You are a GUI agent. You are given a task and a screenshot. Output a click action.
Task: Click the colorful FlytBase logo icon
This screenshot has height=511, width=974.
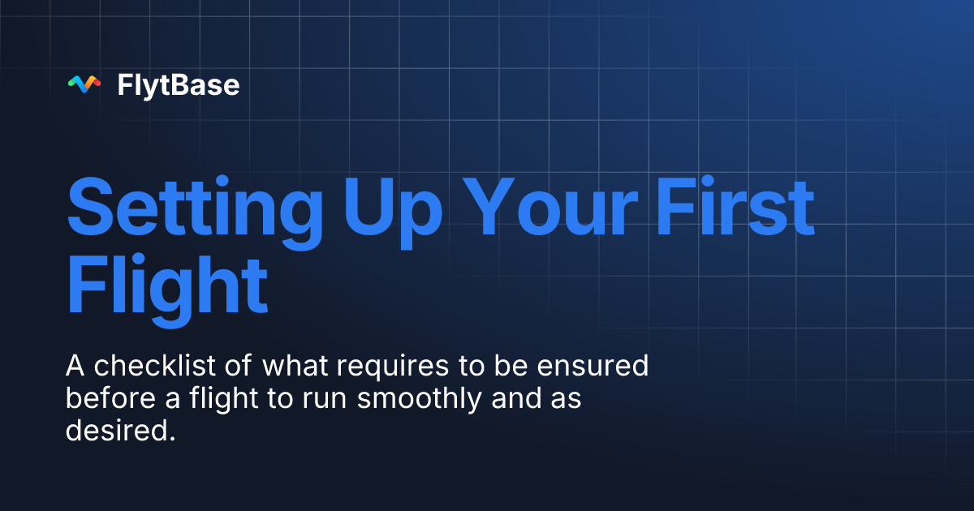84,84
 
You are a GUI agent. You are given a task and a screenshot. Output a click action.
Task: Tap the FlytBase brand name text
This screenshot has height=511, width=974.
179,84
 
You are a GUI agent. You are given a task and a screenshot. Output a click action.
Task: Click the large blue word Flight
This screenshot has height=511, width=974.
167,286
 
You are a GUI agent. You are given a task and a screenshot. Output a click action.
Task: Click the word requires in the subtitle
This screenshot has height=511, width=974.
390,367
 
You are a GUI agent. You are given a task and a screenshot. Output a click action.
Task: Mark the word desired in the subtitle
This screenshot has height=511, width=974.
120,432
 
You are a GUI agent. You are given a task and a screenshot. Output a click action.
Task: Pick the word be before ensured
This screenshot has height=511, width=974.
510,366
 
